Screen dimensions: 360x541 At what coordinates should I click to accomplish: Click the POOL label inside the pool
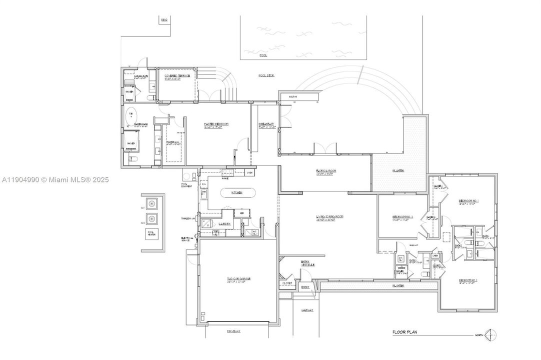263,55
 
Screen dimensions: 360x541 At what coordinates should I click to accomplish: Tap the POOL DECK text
266,75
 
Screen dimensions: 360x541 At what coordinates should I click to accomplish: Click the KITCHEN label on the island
236,192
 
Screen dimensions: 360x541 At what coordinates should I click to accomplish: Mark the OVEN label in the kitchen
250,173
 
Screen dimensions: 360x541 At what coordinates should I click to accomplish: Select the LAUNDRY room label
223,224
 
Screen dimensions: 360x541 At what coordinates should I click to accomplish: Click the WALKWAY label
307,310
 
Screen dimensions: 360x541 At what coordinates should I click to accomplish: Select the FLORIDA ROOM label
325,171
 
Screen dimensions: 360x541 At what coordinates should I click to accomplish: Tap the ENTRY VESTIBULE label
305,263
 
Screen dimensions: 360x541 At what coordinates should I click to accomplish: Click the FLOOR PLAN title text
404,331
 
